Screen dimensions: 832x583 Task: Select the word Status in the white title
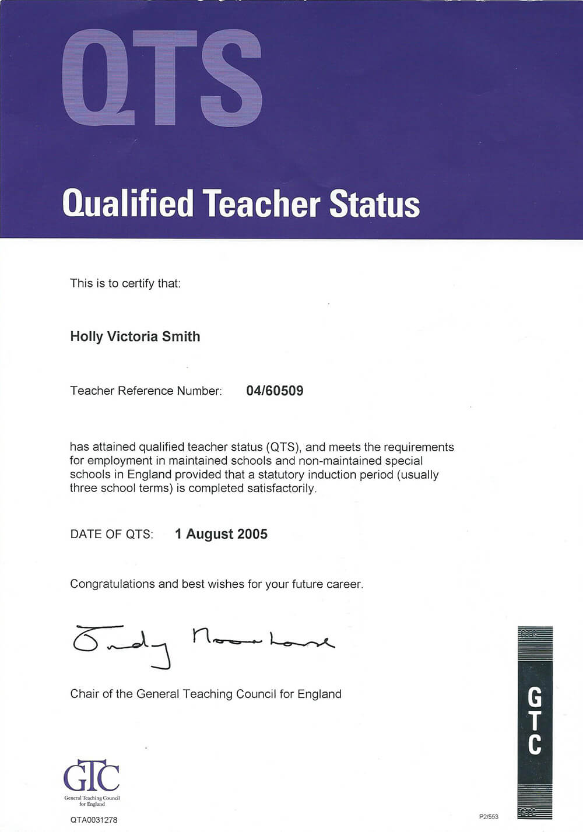(374, 204)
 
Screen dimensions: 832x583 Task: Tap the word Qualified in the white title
(128, 204)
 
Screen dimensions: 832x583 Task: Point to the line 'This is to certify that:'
(125, 283)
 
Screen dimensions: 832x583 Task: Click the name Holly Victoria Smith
(135, 336)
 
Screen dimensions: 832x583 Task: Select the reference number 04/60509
(275, 391)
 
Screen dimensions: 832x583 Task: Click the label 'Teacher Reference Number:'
(146, 391)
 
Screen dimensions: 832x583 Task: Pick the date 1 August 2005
(221, 534)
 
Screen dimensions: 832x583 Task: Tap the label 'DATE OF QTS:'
(111, 534)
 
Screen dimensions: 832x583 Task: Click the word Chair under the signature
(85, 694)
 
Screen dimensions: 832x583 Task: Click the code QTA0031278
(93, 820)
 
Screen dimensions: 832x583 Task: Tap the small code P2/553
(489, 816)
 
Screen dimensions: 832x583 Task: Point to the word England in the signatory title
(319, 694)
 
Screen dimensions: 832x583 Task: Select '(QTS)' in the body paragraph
(283, 447)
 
